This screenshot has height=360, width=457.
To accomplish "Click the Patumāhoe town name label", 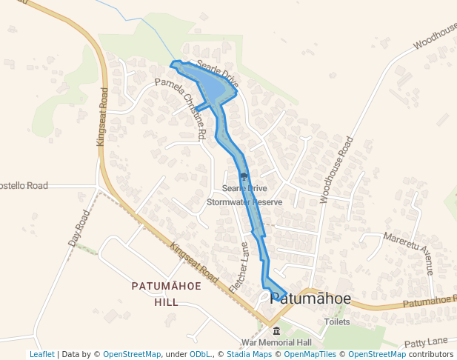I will tap(310, 298).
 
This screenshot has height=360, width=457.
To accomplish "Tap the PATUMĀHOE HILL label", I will tap(165, 293).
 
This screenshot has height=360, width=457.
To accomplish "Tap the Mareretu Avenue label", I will tap(407, 253).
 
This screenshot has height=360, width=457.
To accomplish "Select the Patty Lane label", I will tap(428, 341).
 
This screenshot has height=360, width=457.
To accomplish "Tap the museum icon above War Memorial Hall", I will tap(276, 331).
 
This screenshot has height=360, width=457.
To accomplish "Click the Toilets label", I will tap(337, 322).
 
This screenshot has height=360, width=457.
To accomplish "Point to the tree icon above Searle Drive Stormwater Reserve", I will tap(244, 177).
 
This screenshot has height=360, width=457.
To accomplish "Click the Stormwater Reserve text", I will tap(244, 201).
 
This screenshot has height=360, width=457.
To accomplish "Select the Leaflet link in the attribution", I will tap(41, 355).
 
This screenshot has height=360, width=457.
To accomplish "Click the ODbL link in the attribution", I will tap(199, 355).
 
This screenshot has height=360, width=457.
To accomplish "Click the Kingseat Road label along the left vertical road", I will tap(104, 119).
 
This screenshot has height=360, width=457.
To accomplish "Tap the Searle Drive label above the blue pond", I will tap(219, 75).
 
